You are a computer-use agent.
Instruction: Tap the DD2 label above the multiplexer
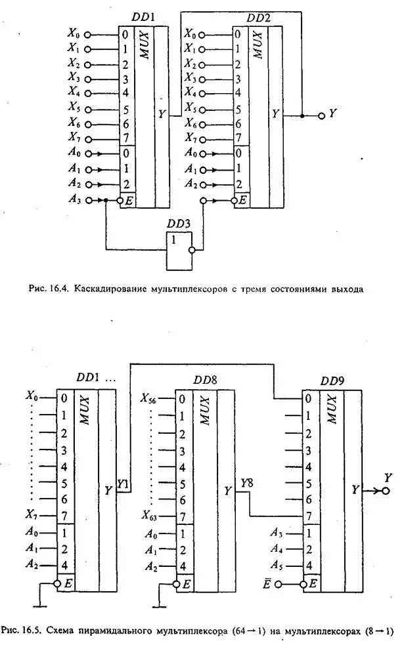(258, 18)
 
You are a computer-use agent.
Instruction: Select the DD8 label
(206, 380)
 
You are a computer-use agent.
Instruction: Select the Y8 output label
(246, 484)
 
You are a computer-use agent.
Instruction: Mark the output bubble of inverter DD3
(193, 250)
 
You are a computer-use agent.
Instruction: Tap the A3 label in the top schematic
(76, 199)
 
